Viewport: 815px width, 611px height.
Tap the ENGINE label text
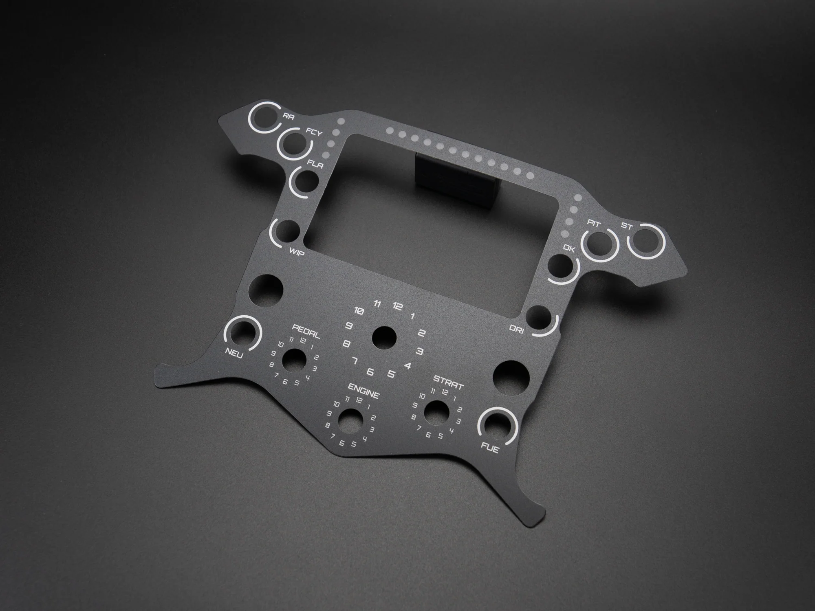pos(364,390)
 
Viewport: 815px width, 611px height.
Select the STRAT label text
pos(448,383)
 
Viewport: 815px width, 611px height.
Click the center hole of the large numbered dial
pos(385,337)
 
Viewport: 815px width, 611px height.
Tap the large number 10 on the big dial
pos(359,311)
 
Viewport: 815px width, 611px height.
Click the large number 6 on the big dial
pos(370,371)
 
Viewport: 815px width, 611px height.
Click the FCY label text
pos(314,133)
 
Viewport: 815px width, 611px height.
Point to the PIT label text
pos(593,223)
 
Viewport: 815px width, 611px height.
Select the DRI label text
pos(517,329)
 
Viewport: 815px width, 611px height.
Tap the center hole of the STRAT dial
pos(436,412)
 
